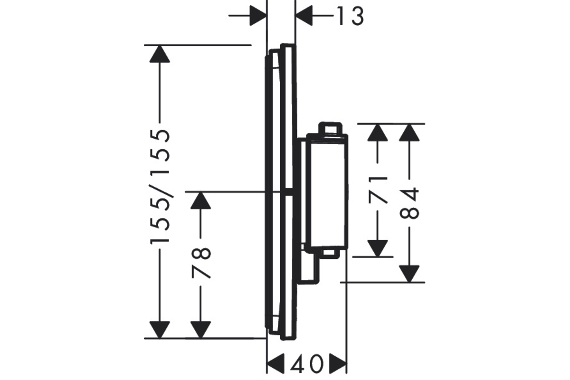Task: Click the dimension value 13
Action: pyautogui.click(x=351, y=16)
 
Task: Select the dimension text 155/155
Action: pyautogui.click(x=160, y=187)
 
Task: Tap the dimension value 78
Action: pyautogui.click(x=201, y=264)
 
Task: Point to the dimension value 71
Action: pyautogui.click(x=378, y=190)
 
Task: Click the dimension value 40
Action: pyautogui.click(x=307, y=364)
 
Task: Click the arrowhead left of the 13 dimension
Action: pyautogui.click(x=258, y=16)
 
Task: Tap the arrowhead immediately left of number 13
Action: pyautogui.click(x=304, y=16)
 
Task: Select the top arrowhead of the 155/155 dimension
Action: pyautogui.click(x=160, y=54)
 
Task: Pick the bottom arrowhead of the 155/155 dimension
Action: pyautogui.click(x=160, y=330)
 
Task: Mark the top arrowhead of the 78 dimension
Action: pyautogui.click(x=201, y=200)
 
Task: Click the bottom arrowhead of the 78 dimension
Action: pyautogui.click(x=201, y=330)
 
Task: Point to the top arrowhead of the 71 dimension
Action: pyautogui.click(x=378, y=133)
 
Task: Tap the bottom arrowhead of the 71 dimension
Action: pyautogui.click(x=378, y=248)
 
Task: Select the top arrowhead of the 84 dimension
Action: pyautogui.click(x=409, y=133)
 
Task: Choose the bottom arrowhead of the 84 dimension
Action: pyautogui.click(x=409, y=274)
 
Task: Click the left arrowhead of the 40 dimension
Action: pyautogui.click(x=275, y=363)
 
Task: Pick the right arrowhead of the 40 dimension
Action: pyautogui.click(x=338, y=363)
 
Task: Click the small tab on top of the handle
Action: pyautogui.click(x=330, y=128)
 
